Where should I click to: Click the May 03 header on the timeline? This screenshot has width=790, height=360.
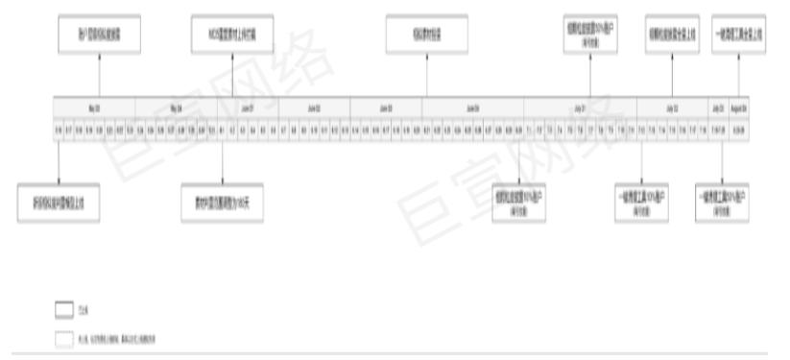(93, 108)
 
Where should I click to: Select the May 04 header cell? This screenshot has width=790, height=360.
(175, 108)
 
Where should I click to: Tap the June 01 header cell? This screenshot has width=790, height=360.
(247, 108)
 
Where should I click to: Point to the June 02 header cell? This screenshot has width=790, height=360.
(314, 108)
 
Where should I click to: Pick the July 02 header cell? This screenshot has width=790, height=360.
(671, 108)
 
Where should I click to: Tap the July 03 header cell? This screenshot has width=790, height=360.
(718, 108)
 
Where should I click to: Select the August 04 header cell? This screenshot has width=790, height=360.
(740, 108)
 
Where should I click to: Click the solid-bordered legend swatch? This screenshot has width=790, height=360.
(62, 309)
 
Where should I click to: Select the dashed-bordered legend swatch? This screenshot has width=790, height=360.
(62, 338)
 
